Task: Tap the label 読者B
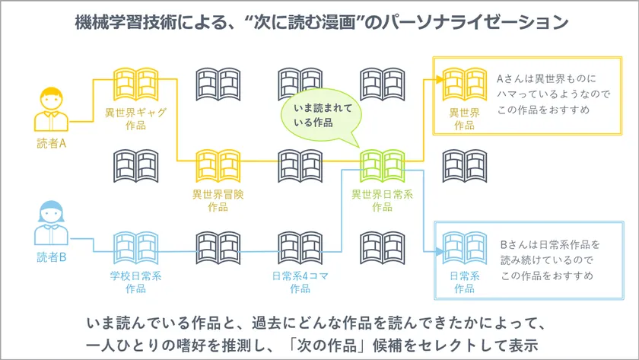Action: (52, 257)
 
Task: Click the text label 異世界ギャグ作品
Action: (135, 119)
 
